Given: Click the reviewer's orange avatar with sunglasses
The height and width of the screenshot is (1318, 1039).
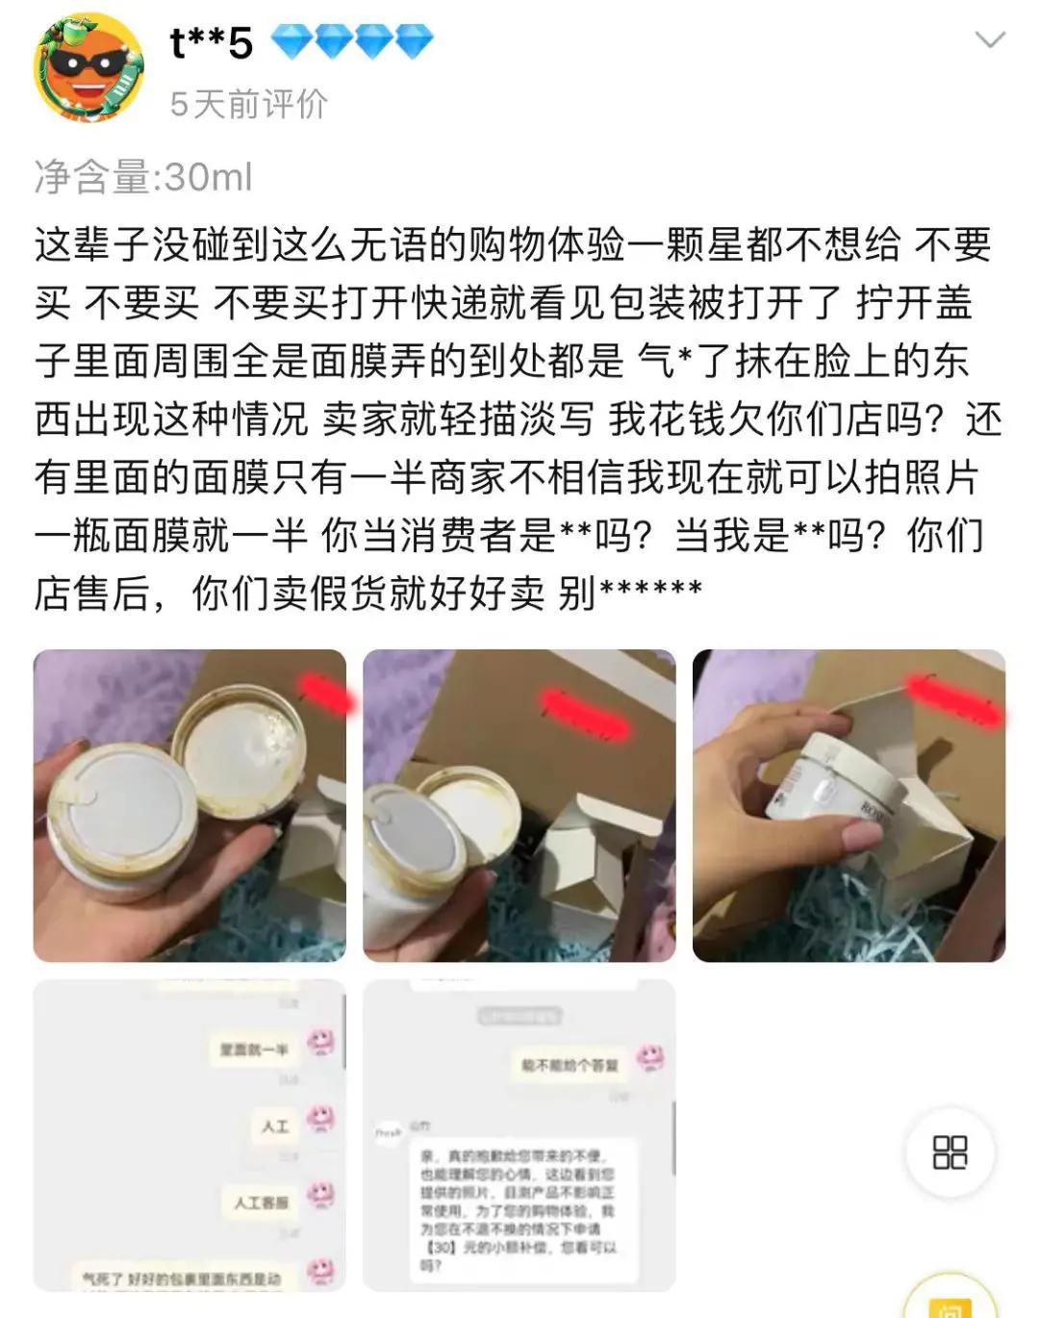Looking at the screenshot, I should (89, 67).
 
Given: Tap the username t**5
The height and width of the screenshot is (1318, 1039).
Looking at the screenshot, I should (211, 42).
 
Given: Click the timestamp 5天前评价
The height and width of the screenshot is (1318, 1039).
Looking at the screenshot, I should (249, 104).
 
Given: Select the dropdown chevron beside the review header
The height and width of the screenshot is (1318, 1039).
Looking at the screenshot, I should (990, 39).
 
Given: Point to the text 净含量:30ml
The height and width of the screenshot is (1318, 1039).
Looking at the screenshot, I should (143, 177).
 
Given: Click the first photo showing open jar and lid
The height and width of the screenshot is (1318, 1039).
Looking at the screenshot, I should (190, 805).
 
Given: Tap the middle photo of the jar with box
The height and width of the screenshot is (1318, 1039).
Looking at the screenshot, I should (519, 805).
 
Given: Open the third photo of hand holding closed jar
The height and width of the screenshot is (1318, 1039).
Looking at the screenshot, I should (849, 805).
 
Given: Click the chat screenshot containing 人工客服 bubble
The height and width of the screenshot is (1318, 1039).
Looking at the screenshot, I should (190, 1135).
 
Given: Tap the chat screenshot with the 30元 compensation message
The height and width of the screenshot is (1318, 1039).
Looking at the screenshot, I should (519, 1135).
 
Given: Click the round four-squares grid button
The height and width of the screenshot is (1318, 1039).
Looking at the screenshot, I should (950, 1152).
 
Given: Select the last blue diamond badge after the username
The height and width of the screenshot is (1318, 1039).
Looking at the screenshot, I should (414, 41).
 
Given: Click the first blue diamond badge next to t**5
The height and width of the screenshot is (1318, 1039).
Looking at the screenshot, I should (290, 41).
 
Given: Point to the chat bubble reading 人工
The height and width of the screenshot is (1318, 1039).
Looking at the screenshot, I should (275, 1126).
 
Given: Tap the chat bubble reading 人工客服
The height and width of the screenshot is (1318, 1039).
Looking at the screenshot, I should (261, 1202).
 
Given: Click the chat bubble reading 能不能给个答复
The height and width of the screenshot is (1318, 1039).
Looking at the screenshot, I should (570, 1065).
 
